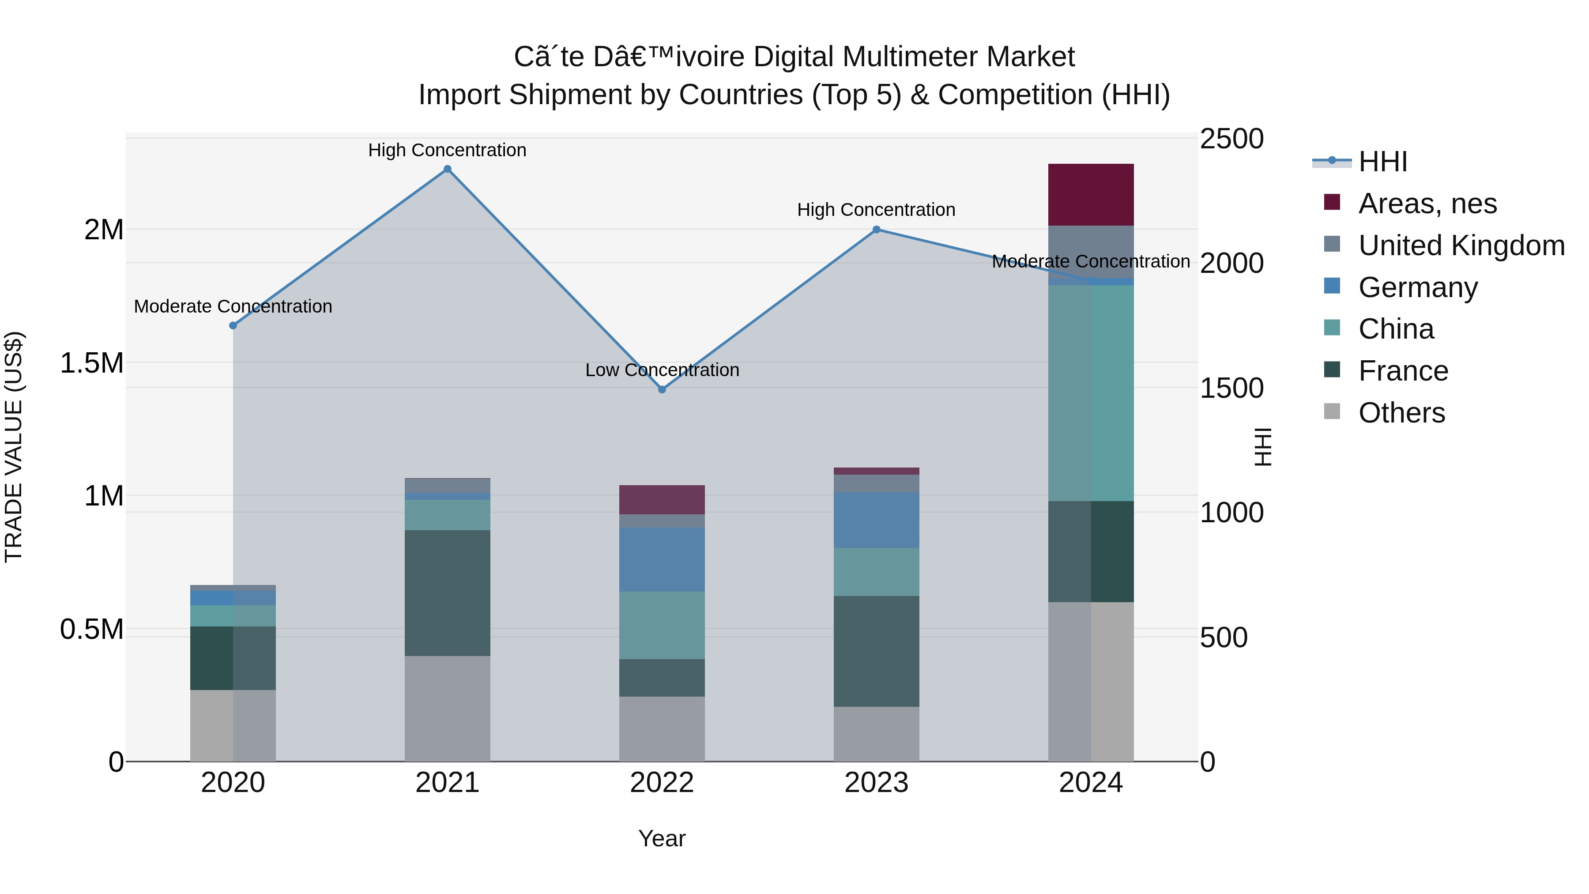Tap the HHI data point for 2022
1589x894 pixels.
[x=662, y=389]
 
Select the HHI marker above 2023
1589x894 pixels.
[x=877, y=230]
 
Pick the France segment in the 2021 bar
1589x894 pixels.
[x=447, y=592]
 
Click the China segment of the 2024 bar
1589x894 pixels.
[x=1091, y=392]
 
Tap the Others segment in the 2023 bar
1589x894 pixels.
[x=877, y=734]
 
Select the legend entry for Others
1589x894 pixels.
[x=1401, y=413]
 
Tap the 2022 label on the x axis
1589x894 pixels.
[x=662, y=783]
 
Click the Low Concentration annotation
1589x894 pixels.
[x=662, y=370]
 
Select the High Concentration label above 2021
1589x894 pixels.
[x=447, y=150]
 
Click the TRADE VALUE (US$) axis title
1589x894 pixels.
[x=14, y=447]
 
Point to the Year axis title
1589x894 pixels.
[x=662, y=838]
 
